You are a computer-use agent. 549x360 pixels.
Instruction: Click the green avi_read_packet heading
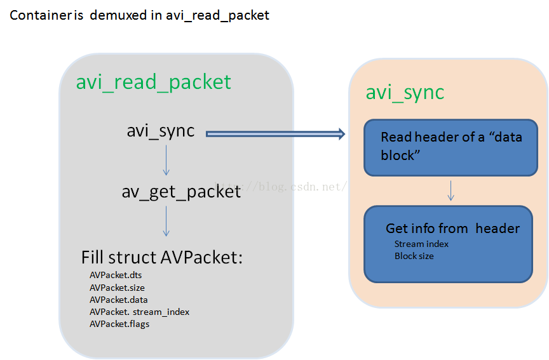pos(153,83)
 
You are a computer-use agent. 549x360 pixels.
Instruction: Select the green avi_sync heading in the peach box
pos(405,93)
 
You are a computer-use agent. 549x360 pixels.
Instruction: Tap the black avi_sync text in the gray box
pos(160,131)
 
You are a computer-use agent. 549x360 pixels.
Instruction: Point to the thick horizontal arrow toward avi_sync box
pos(276,133)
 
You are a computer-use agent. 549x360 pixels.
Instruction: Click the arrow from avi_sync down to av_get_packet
pos(166,160)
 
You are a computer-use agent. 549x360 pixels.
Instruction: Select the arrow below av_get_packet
pos(166,221)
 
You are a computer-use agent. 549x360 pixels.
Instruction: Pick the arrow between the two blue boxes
pos(451,190)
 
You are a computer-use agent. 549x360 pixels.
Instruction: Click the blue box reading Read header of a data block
pos(451,148)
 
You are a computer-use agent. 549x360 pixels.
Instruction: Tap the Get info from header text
pos(452,229)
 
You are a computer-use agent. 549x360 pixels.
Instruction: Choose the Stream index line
pos(421,244)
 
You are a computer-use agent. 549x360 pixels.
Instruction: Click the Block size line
pos(414,256)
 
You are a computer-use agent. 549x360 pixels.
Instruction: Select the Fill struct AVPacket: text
pos(162,258)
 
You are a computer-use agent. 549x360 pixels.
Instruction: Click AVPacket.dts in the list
pos(116,275)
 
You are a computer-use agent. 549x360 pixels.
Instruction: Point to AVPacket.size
pos(117,288)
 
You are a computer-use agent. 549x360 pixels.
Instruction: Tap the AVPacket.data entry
pos(118,300)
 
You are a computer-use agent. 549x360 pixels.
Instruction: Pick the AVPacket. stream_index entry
pos(139,312)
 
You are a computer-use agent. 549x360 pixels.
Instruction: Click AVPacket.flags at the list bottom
pos(119,324)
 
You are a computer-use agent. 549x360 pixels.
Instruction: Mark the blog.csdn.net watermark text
pos(280,187)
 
